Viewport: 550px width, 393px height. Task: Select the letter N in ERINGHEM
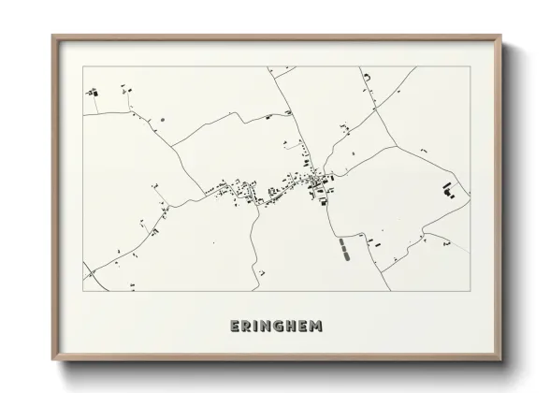268,327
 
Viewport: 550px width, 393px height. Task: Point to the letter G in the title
280,327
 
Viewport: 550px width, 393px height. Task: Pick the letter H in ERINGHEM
292,327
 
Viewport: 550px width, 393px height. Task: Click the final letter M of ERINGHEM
317,327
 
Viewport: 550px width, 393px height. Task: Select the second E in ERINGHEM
304,327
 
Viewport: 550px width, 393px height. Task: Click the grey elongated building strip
343,248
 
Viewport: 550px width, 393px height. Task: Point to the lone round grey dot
162,120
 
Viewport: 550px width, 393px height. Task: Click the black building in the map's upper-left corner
92,93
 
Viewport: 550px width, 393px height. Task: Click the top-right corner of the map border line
470,67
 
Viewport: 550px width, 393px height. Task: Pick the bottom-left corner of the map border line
82,291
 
